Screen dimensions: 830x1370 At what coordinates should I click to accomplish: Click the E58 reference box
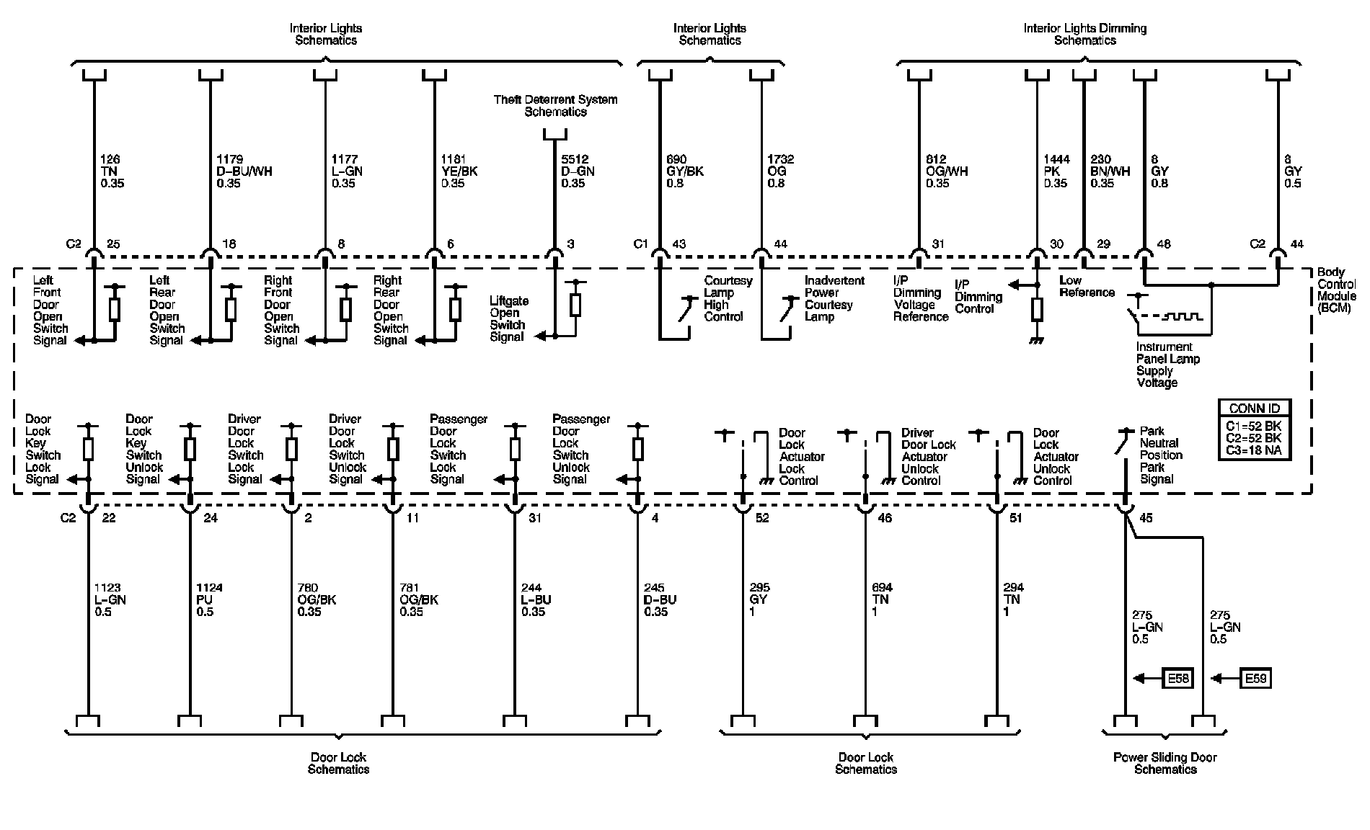point(1177,678)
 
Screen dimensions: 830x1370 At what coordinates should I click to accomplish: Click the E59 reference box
point(1255,678)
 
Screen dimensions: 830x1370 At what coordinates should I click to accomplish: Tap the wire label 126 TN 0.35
point(112,171)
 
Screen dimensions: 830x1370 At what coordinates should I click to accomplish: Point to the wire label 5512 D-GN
point(577,171)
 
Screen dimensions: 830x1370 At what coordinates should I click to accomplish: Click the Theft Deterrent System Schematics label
point(555,105)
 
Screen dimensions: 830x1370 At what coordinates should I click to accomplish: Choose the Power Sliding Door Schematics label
point(1165,763)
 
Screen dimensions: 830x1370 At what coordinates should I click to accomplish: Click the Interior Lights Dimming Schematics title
point(1084,34)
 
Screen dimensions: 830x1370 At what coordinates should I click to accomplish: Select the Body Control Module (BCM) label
point(1336,290)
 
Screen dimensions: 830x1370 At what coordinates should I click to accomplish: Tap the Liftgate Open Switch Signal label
point(509,318)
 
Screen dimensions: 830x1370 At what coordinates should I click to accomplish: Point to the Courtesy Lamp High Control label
point(728,298)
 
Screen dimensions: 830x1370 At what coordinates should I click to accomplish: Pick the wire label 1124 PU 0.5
point(209,599)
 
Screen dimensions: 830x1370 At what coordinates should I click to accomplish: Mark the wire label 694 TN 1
point(880,599)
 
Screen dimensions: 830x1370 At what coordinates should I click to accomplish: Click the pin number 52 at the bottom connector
point(762,518)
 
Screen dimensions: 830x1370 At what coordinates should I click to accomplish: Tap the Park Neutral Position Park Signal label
point(1161,455)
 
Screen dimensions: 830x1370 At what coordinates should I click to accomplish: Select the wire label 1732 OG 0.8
point(780,171)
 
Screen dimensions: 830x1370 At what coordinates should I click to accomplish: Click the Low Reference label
point(1087,286)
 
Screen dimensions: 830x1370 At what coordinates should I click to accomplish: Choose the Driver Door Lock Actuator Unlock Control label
point(928,456)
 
